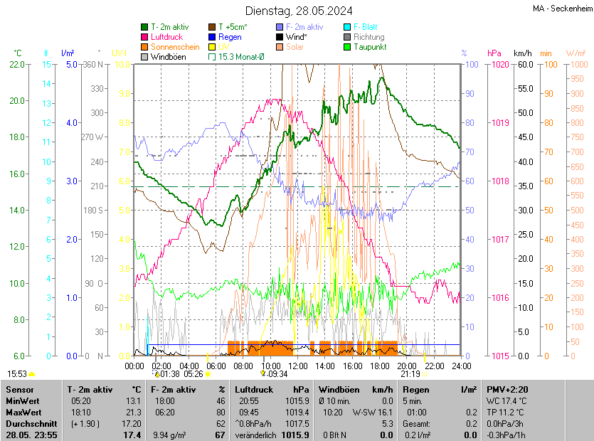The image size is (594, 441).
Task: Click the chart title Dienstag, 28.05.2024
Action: [x=299, y=11]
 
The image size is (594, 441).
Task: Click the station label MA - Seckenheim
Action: [x=562, y=9]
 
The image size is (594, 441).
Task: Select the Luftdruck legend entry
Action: [x=167, y=37]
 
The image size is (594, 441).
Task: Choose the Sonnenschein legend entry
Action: [x=174, y=47]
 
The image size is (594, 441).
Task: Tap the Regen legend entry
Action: [x=230, y=37]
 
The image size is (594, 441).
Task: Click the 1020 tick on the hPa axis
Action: [x=499, y=65]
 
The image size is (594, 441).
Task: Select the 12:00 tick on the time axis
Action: [x=298, y=366]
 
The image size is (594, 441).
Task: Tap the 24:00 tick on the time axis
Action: [x=462, y=366]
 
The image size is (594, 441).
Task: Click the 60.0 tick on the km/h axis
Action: [x=524, y=65]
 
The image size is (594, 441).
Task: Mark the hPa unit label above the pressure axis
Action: [x=494, y=53]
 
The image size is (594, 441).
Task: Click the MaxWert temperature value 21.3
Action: [x=132, y=413]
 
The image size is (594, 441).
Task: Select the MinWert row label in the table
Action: [x=23, y=401]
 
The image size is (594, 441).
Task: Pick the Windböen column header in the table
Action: [x=338, y=390]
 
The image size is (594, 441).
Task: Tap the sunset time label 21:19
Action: [x=410, y=373]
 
